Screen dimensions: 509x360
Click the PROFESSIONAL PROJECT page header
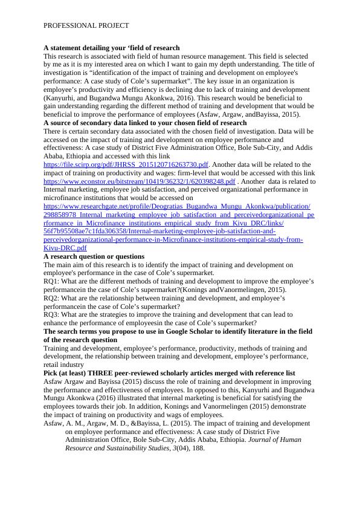(86, 26)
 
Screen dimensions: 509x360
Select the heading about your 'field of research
(111, 47)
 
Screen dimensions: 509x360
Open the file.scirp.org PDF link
(126, 164)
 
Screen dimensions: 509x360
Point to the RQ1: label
(53, 281)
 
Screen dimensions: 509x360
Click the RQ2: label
(53, 298)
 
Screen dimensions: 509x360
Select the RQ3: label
(53, 315)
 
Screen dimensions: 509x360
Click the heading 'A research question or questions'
(94, 256)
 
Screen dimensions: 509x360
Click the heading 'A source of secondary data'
(145, 123)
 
